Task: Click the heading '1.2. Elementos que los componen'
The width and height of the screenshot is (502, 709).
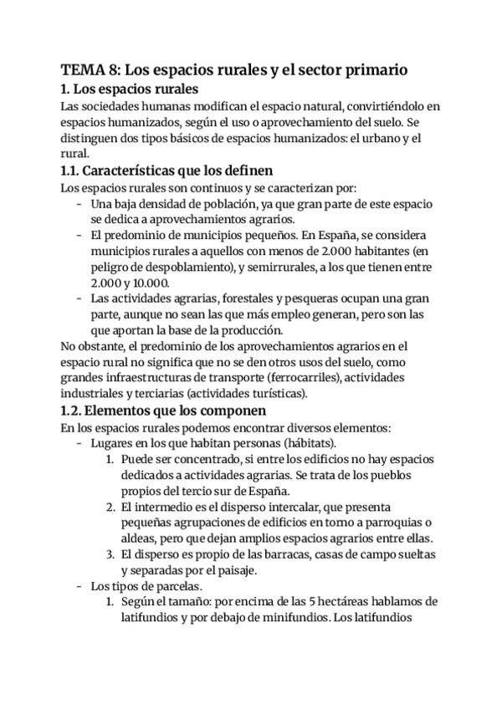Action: point(164,411)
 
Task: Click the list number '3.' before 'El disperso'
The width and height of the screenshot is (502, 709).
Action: point(110,554)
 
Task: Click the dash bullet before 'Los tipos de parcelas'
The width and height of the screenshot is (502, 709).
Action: point(79,586)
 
